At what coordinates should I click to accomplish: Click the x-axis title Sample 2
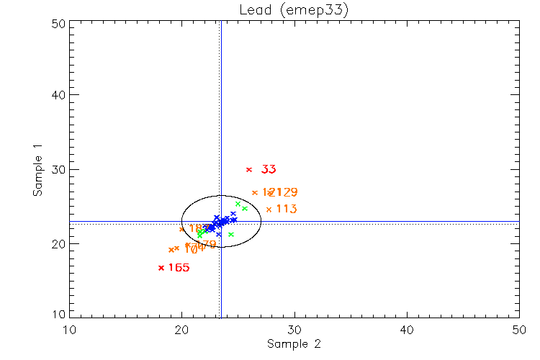[x=293, y=344]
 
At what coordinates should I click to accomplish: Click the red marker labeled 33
[x=249, y=169]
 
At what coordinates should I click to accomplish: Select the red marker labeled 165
[x=161, y=268]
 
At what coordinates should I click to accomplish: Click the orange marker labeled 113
[x=269, y=210]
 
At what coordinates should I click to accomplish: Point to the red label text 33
[x=269, y=169]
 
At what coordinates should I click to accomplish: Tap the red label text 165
[x=179, y=268]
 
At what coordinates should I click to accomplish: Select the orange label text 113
[x=287, y=209]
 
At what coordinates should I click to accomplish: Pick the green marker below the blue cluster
[x=231, y=234]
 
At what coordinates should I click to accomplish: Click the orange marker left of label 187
[x=181, y=229]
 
